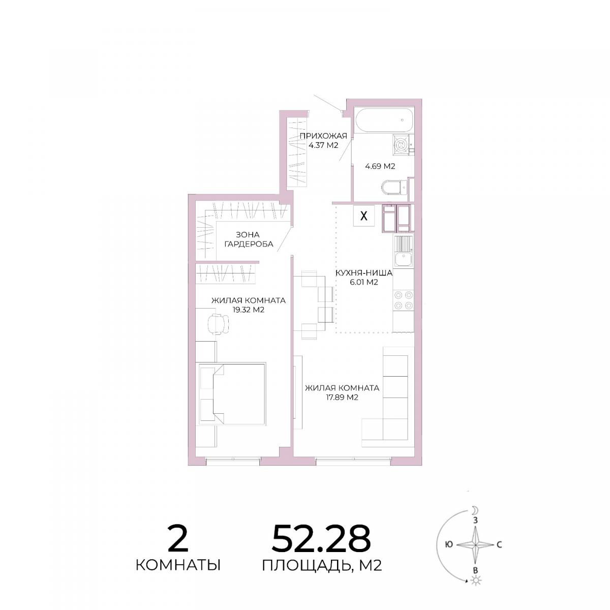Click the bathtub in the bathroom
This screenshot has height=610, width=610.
tap(384, 120)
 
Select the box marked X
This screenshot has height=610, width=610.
tap(364, 216)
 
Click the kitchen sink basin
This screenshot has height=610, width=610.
tap(403, 260)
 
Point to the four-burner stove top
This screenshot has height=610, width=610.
tap(404, 300)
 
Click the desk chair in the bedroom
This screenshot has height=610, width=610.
tap(218, 323)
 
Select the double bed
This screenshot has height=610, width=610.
tap(232, 393)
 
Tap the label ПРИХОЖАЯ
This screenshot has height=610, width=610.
tap(323, 136)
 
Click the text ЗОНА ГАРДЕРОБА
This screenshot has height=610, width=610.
tap(249, 239)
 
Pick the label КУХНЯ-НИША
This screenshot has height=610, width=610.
tap(364, 273)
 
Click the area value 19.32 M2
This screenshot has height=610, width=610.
tap(249, 310)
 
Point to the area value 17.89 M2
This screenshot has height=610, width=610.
tap(342, 398)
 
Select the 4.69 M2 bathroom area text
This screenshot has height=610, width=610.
tap(380, 166)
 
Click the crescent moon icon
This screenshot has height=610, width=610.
tap(474, 510)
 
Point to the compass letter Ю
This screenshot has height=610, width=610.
tap(448, 544)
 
